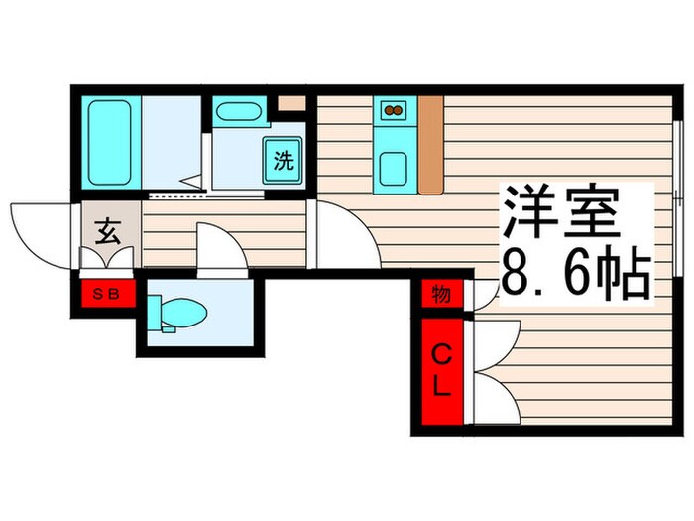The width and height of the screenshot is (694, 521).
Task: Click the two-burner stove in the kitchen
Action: pyautogui.click(x=392, y=110)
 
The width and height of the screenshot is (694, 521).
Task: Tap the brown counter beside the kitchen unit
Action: pyautogui.click(x=429, y=144)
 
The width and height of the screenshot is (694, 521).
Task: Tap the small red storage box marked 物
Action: pyautogui.click(x=441, y=295)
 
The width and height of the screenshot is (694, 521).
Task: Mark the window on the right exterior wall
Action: pyautogui.click(x=675, y=198)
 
